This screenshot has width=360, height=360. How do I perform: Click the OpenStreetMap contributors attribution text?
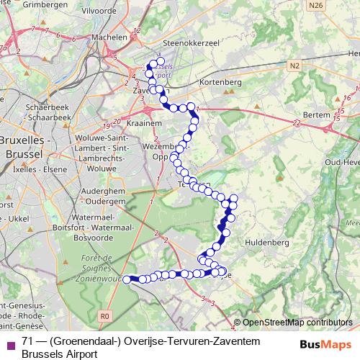299,323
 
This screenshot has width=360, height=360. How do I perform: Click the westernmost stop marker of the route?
127,279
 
